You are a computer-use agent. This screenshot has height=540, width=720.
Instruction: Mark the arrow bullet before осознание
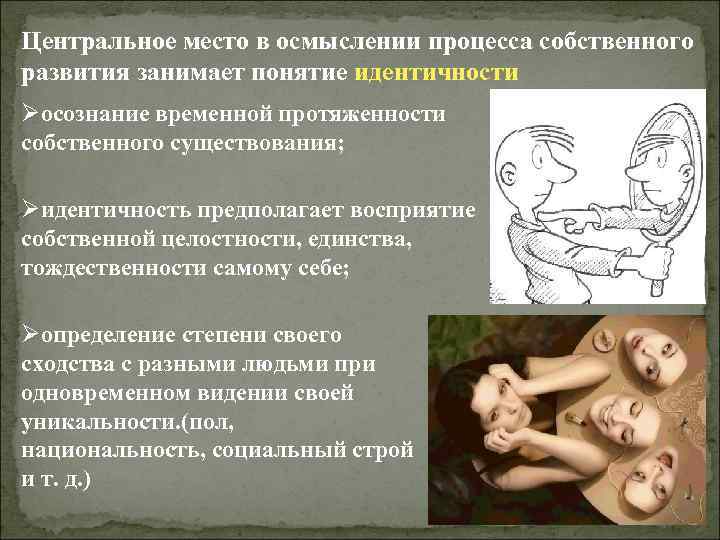pos(30,116)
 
